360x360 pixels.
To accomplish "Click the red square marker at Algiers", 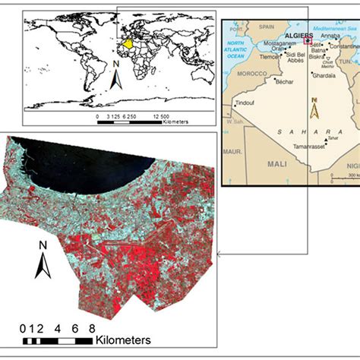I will pyautogui.click(x=308, y=43).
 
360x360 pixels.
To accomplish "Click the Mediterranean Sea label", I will pyautogui.click(x=332, y=25).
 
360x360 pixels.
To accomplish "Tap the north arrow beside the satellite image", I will pyautogui.click(x=44, y=259).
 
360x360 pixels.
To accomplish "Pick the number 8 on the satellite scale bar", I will pyautogui.click(x=92, y=327).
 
